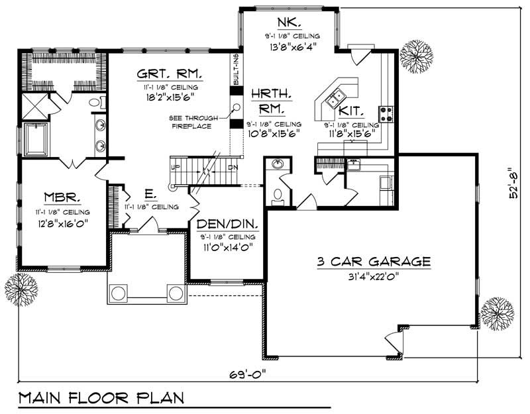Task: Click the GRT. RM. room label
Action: point(169,74)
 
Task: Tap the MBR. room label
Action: point(63,197)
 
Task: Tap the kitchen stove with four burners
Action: point(386,114)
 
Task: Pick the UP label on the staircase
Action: point(175,168)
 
